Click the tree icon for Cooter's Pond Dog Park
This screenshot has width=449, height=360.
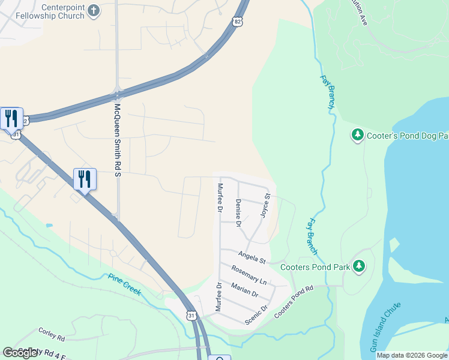(358, 135)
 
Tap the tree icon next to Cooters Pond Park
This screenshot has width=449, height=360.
(359, 265)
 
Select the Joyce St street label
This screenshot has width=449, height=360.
(265, 205)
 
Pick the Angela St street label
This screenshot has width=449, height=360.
(252, 257)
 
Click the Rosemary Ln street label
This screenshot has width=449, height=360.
(249, 275)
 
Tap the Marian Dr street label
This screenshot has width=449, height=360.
(244, 290)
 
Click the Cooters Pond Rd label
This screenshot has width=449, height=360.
(294, 302)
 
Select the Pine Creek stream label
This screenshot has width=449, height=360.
(124, 284)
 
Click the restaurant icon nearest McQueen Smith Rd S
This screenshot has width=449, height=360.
(85, 179)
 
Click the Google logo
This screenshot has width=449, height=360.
(20, 353)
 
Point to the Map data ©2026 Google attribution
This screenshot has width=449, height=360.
(412, 355)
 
